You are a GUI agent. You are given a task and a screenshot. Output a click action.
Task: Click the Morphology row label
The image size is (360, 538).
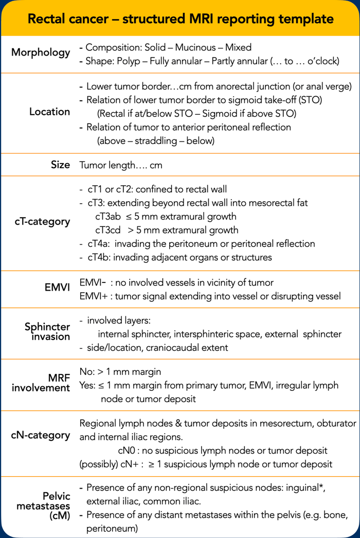[41, 52]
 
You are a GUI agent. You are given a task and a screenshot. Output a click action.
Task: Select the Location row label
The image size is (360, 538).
[50, 112]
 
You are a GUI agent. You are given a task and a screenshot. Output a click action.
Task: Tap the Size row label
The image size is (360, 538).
[60, 165]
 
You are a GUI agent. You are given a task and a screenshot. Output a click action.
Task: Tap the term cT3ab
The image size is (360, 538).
[109, 217]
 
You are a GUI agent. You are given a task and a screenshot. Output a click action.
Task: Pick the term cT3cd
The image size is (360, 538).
[109, 230]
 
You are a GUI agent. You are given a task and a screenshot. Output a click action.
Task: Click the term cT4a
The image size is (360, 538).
[99, 243]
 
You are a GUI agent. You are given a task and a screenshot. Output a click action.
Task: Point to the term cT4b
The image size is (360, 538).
[99, 257]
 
